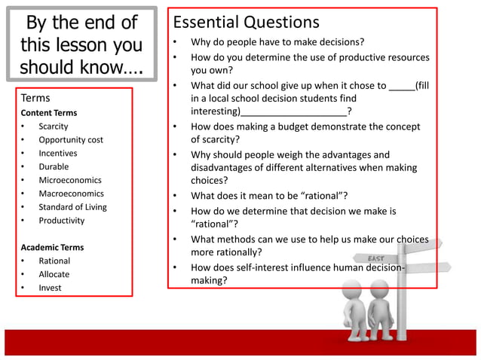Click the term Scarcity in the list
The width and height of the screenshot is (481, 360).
(x=54, y=127)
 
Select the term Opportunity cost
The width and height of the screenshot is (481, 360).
(x=71, y=140)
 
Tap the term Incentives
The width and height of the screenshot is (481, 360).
(x=58, y=153)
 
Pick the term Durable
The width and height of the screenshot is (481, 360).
(x=54, y=166)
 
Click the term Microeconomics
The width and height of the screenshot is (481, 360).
(x=70, y=180)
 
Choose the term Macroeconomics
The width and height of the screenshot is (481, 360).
(x=71, y=194)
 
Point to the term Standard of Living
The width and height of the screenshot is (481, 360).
(x=73, y=207)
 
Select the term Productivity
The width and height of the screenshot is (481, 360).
(x=62, y=221)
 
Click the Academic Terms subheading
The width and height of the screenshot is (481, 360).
(x=52, y=247)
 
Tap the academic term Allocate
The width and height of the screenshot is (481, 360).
(x=54, y=274)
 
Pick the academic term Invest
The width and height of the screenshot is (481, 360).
(x=51, y=288)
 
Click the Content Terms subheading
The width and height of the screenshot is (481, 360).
(x=48, y=113)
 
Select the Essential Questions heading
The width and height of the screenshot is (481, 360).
(x=247, y=23)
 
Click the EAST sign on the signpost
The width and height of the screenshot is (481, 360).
(x=376, y=258)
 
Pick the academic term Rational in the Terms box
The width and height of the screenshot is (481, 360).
(x=54, y=261)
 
